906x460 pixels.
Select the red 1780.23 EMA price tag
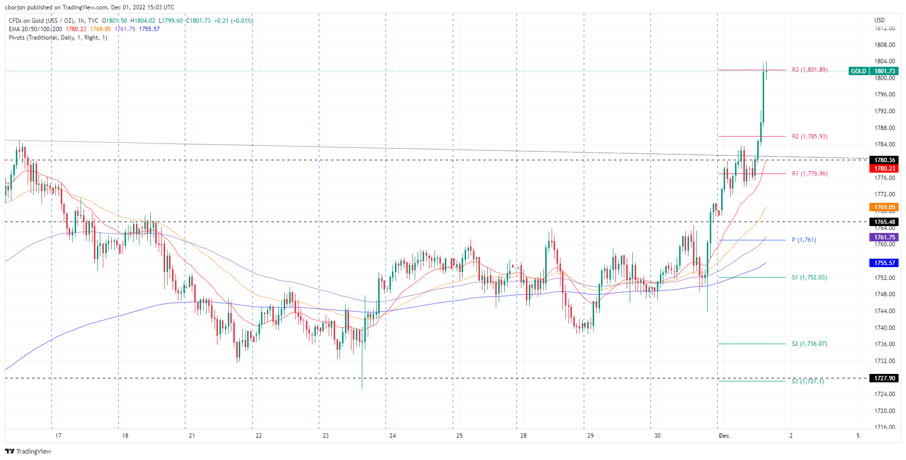point(884,169)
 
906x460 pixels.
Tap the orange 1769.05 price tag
point(884,207)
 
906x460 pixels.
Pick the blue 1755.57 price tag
point(884,263)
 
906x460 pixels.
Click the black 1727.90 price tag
point(884,378)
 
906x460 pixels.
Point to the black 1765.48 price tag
point(884,222)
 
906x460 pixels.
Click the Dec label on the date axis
point(724,436)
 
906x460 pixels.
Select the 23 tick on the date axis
point(325,436)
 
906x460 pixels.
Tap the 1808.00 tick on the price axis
point(884,45)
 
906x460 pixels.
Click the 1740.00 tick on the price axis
point(884,328)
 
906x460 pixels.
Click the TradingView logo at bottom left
point(28,451)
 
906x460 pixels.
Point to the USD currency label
point(879,20)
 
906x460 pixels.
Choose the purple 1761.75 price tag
point(884,237)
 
